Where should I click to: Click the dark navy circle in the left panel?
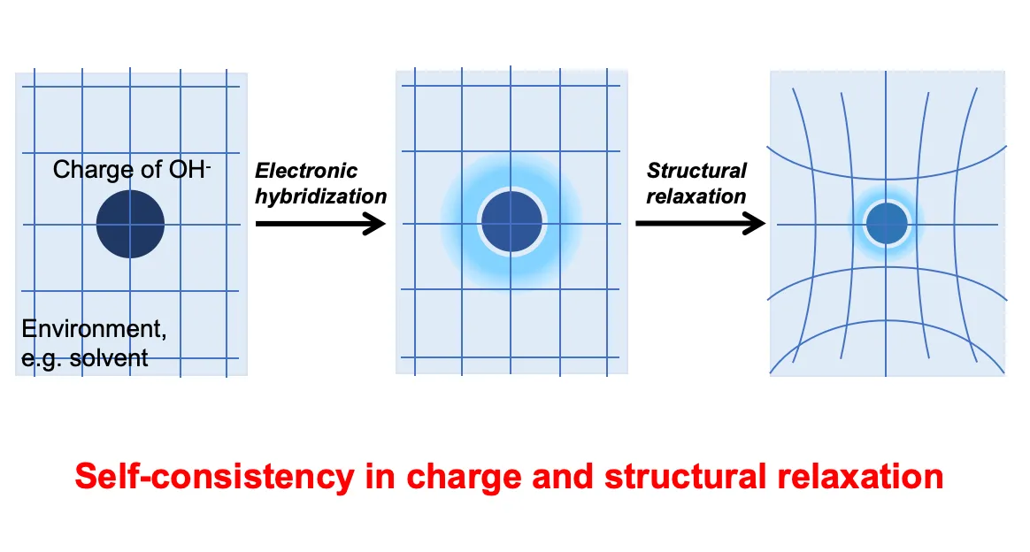pyautogui.click(x=130, y=224)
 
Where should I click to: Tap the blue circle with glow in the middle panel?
pyautogui.click(x=511, y=221)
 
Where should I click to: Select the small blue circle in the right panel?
pyautogui.click(x=887, y=223)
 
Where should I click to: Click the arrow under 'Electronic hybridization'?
pyautogui.click(x=320, y=224)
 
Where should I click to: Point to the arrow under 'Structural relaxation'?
pyautogui.click(x=700, y=224)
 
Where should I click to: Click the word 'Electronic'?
pyautogui.click(x=306, y=171)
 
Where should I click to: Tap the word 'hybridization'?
pyautogui.click(x=320, y=196)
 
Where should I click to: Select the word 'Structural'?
pyautogui.click(x=696, y=171)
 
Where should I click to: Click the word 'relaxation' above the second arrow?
pyautogui.click(x=696, y=196)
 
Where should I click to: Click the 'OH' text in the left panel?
pyautogui.click(x=187, y=169)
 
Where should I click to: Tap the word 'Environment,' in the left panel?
pyautogui.click(x=94, y=328)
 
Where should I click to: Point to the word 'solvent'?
pyautogui.click(x=108, y=357)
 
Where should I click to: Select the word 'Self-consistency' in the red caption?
pyautogui.click(x=214, y=477)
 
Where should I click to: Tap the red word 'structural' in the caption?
pyautogui.click(x=685, y=477)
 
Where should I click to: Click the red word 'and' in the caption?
pyautogui.click(x=562, y=477)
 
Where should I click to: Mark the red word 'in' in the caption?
pyautogui.click(x=380, y=477)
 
